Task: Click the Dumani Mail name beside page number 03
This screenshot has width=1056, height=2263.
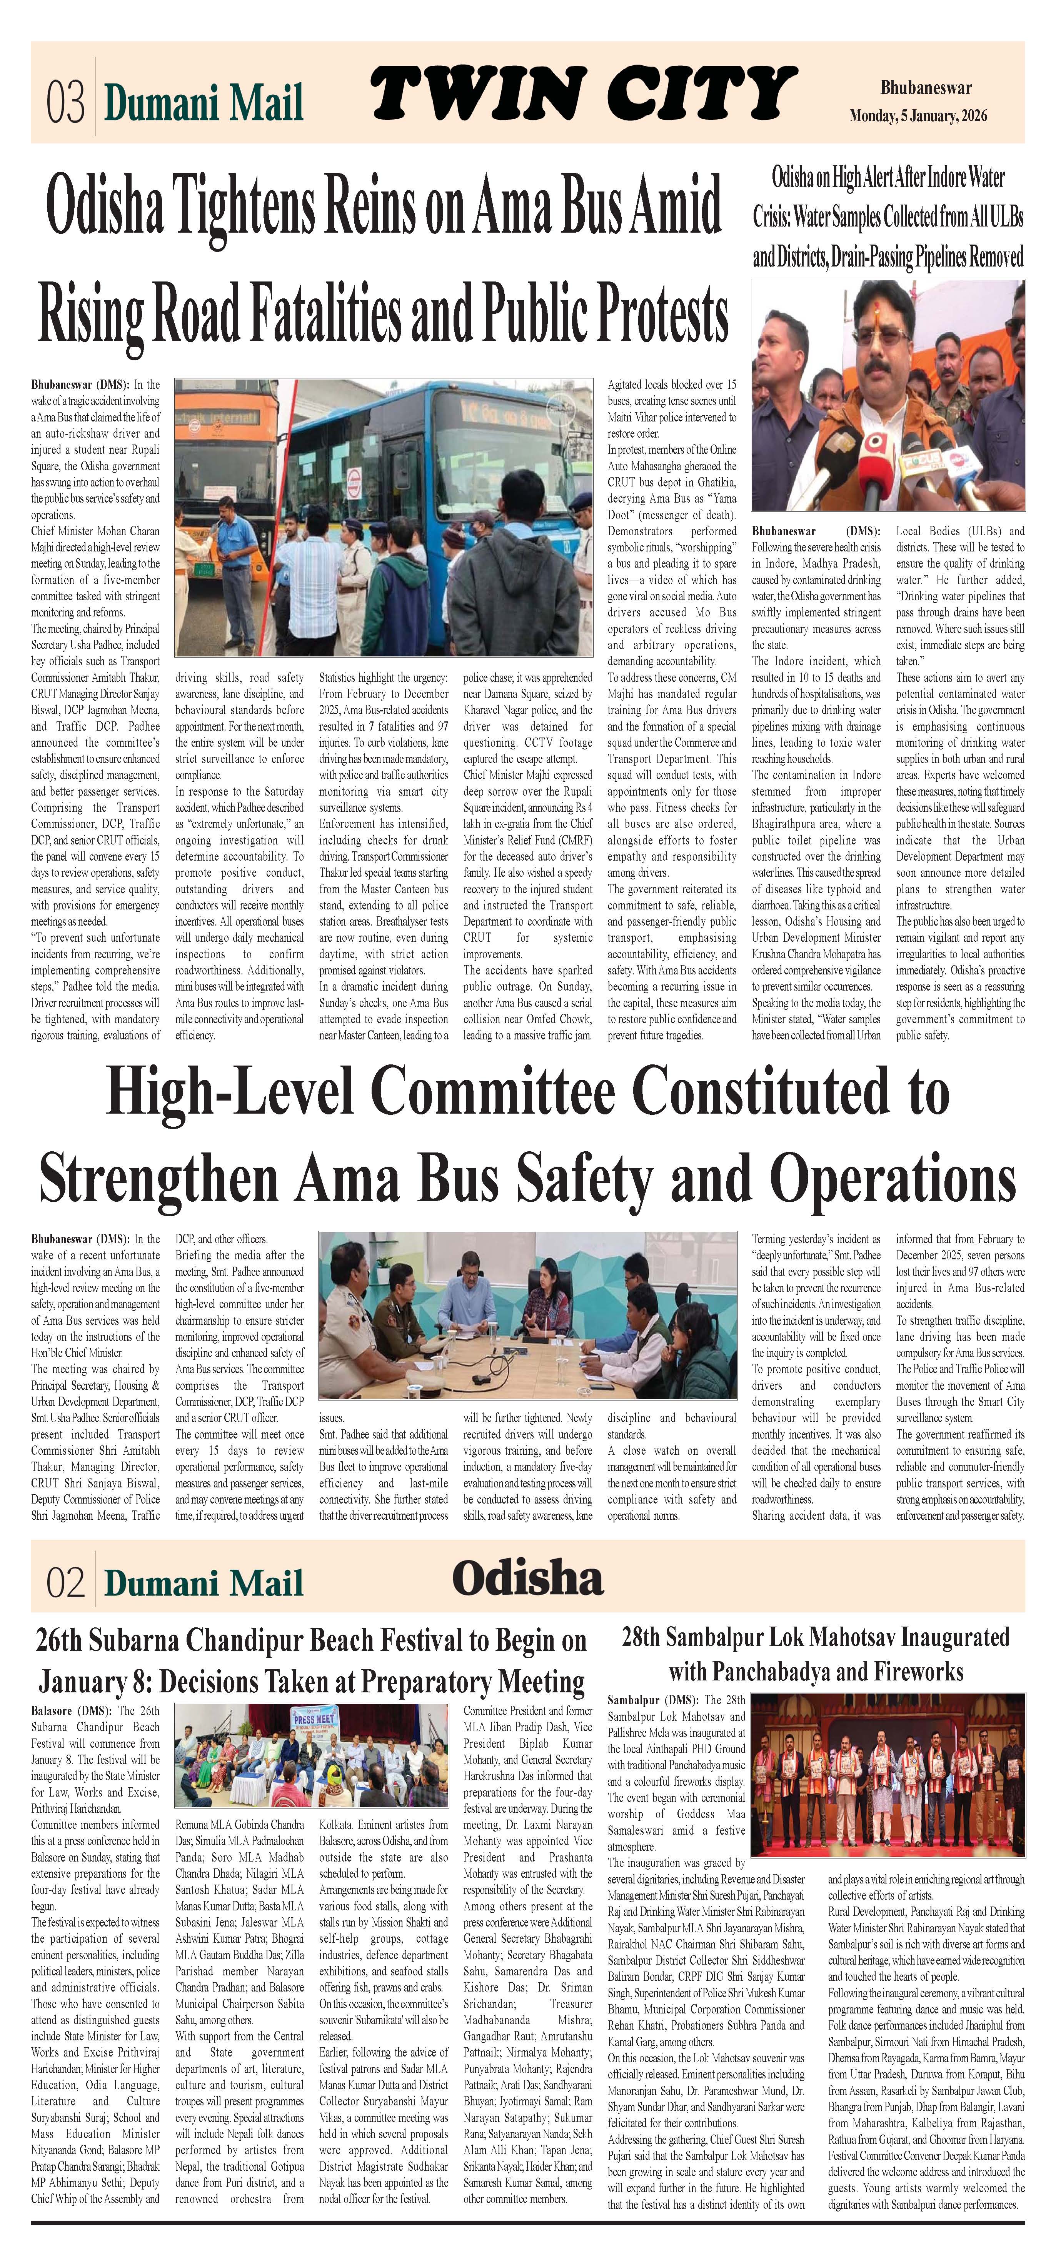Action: (x=204, y=103)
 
